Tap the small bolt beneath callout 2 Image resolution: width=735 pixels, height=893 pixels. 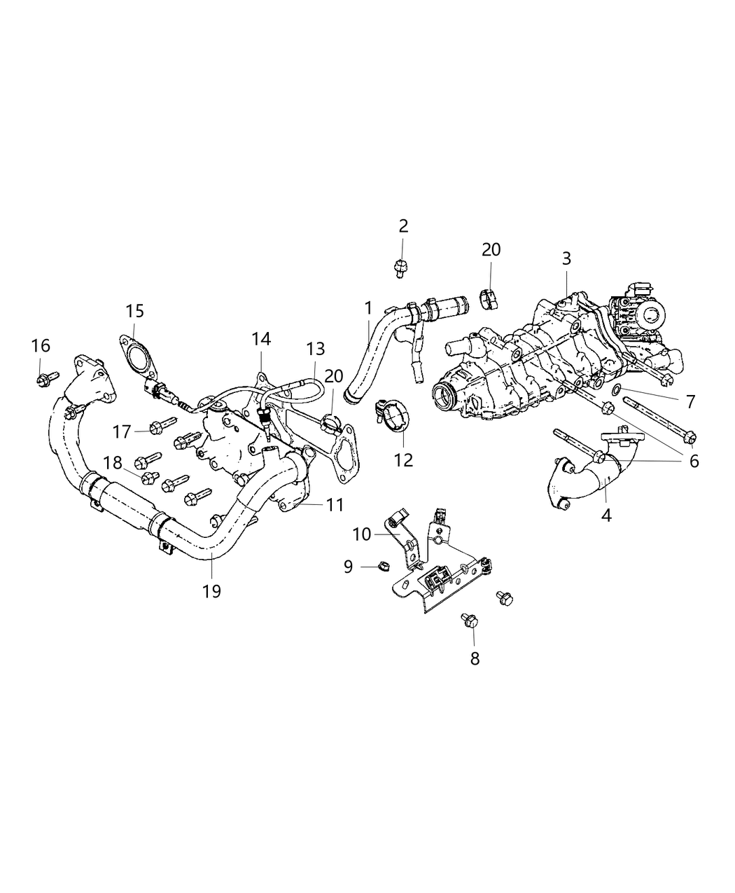(x=400, y=267)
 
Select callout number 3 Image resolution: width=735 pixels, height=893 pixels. (x=566, y=258)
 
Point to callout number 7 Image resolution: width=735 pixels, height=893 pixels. (x=690, y=401)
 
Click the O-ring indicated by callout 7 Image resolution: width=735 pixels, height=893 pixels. (x=617, y=389)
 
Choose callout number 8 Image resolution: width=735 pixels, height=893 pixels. (x=475, y=658)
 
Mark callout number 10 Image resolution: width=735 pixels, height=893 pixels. (x=361, y=534)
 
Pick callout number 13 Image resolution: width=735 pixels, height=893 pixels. (x=315, y=348)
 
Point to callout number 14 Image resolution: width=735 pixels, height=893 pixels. (x=261, y=340)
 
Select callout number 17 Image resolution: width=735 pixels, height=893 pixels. (x=122, y=431)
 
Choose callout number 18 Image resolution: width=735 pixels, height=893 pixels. (x=113, y=463)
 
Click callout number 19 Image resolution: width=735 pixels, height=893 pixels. (x=211, y=591)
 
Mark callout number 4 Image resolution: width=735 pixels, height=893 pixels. (x=606, y=515)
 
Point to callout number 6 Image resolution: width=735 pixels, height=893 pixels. (x=694, y=461)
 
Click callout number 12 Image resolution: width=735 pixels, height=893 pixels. (x=404, y=459)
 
